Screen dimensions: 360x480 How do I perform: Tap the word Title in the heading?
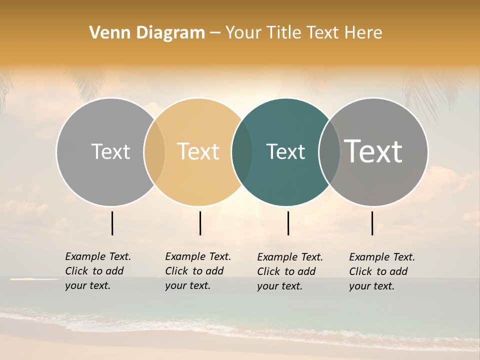285,33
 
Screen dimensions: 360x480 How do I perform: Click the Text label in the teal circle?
285,151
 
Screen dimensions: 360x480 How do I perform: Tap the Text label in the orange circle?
198,151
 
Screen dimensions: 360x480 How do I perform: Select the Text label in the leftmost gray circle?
110,151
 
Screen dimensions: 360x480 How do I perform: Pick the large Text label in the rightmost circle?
373,151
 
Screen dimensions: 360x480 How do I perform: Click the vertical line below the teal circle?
288,223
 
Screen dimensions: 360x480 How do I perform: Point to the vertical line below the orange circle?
200,223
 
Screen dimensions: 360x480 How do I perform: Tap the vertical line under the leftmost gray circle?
112,223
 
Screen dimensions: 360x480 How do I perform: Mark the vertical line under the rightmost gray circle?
372,223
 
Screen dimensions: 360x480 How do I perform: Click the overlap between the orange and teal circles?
242,151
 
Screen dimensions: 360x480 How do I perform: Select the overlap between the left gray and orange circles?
154,151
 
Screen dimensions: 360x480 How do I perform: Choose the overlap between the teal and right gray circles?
329,151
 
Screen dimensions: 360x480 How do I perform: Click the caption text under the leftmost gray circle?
98,271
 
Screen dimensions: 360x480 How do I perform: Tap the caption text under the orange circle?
198,271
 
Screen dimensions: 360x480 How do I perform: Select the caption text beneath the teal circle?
290,271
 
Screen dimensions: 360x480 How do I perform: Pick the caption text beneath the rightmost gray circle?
382,271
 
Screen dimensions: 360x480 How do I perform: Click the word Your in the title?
243,33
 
